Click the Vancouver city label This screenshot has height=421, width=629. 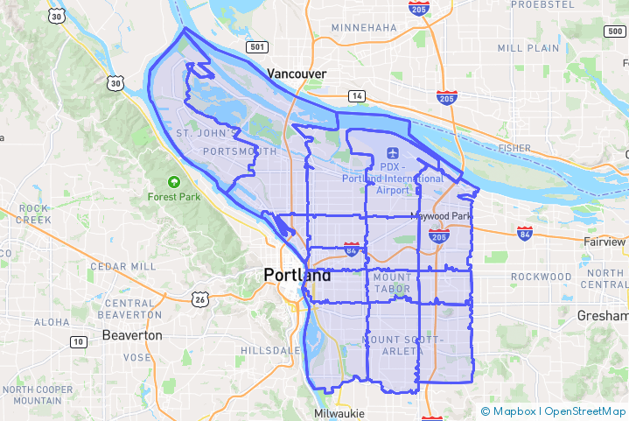tap(297, 74)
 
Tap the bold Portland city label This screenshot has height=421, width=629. tap(297, 275)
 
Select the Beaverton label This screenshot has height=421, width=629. tap(132, 334)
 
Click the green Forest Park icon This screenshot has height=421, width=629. tap(174, 182)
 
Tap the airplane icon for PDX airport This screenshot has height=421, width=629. tap(391, 153)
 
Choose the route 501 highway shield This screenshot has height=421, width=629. tap(257, 46)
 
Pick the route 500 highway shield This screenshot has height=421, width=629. tap(614, 31)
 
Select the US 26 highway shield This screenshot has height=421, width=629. tap(200, 299)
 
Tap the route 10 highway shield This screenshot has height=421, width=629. tap(79, 341)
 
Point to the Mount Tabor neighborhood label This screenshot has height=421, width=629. tap(392, 283)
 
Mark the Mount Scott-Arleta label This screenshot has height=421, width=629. tap(402, 345)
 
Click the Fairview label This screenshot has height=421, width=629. tap(605, 242)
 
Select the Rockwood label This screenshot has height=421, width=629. tap(540, 277)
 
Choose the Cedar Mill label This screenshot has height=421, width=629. tap(128, 266)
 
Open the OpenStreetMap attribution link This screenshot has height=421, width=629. tap(584, 410)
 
